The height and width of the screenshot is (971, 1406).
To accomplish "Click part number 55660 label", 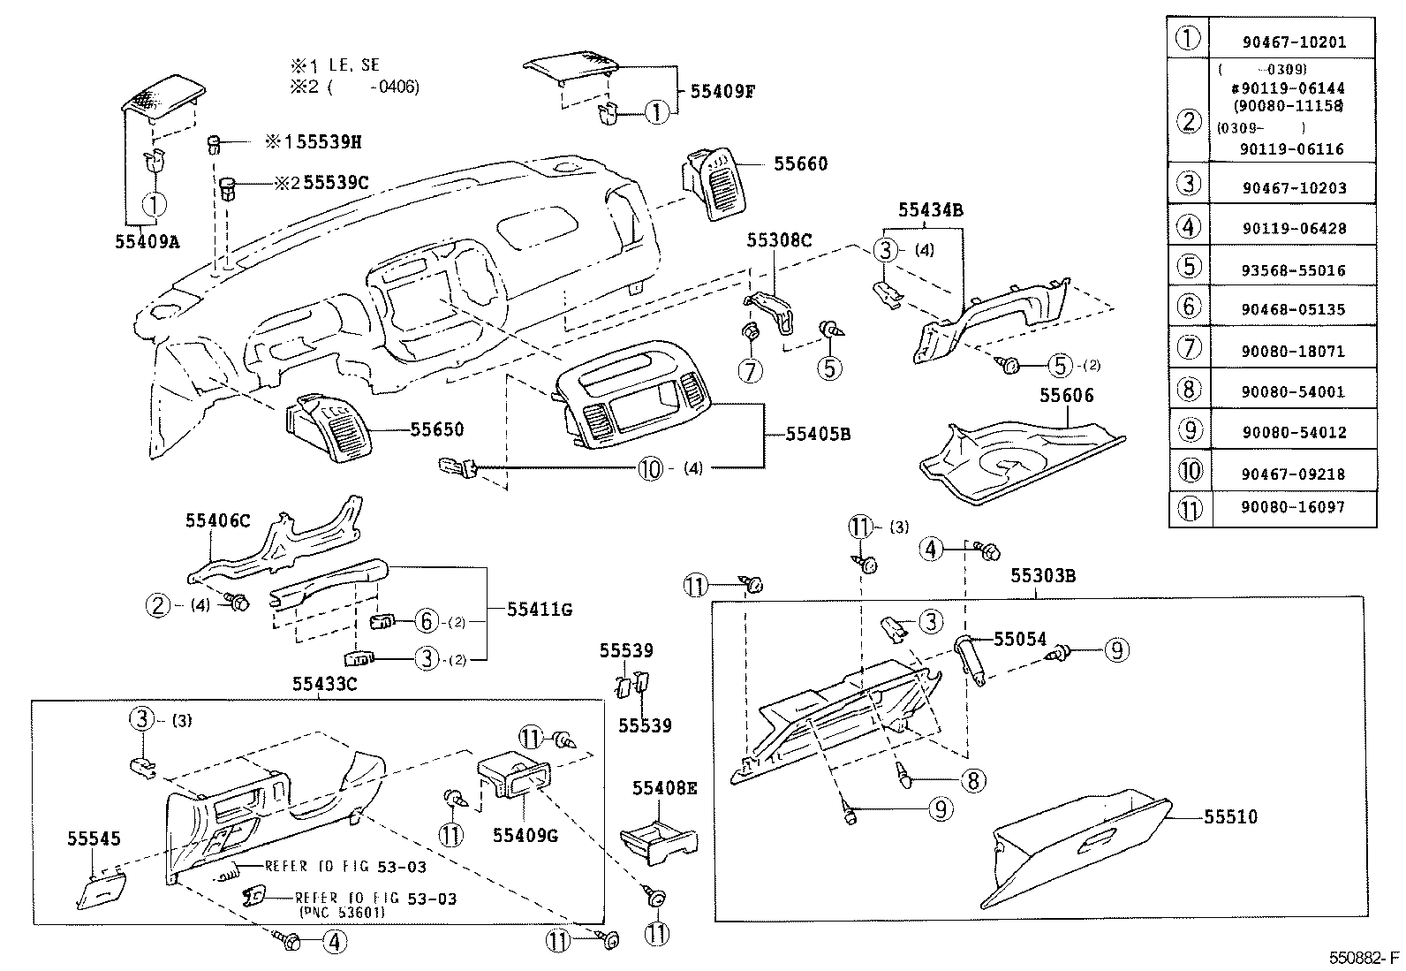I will [800, 163].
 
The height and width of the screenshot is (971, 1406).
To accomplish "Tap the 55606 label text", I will [1066, 395].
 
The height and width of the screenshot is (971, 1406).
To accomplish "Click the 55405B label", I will [818, 434].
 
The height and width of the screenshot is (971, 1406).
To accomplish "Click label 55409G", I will [525, 833].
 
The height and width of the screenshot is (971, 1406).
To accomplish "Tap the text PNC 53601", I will [340, 914].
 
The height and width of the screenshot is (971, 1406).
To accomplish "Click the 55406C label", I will [217, 520].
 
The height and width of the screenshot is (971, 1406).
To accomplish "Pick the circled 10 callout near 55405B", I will [649, 468].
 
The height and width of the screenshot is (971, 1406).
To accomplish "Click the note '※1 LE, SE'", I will [335, 65].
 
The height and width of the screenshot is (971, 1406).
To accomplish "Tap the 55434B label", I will [930, 210].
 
